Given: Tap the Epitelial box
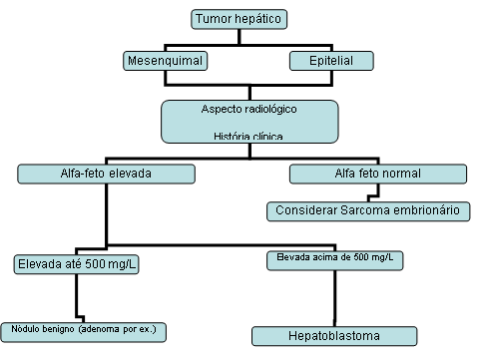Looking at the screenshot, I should coord(331,62).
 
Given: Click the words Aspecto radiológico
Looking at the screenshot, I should coord(248,106).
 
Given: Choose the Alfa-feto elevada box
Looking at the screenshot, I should coord(107,175).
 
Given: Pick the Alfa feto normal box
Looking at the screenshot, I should coord(376,175).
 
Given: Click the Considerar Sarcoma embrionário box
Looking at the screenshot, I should coord(368,210).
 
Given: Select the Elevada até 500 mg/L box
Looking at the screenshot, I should coord(77,264).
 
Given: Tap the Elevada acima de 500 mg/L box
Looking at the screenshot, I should coord(334,258).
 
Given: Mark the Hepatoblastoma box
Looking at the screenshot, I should coord(332,335).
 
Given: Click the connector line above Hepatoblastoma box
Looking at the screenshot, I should coord(334,296).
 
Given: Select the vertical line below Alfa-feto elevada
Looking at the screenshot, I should coord(107,212).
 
